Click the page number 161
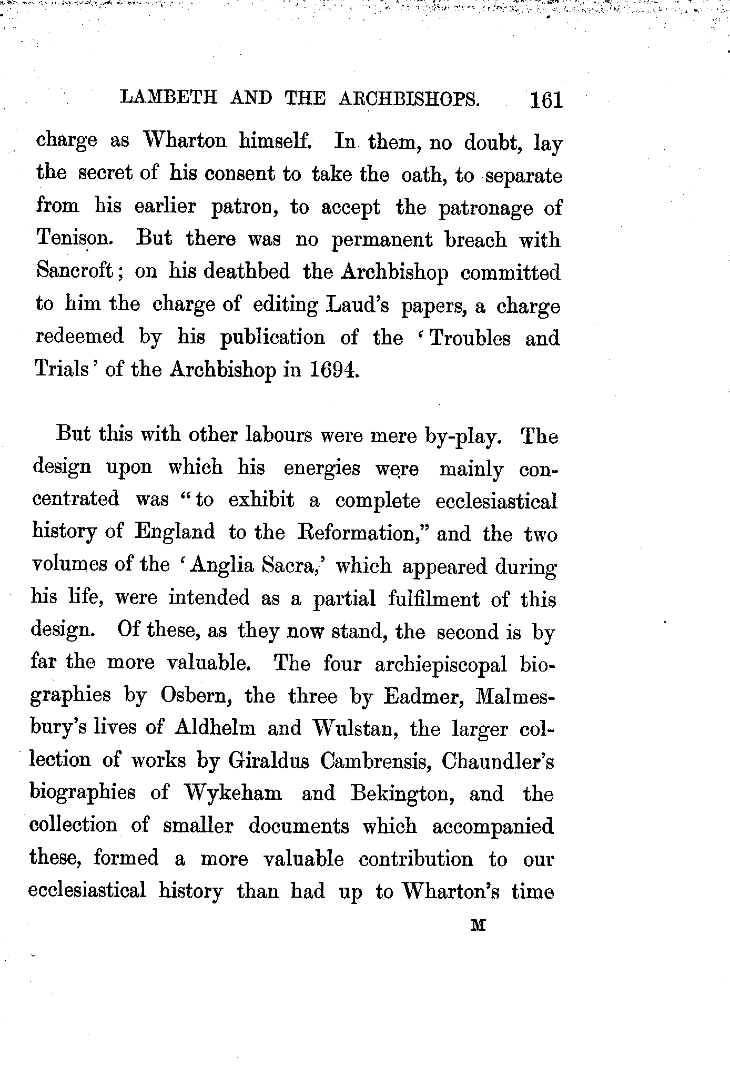pyautogui.click(x=546, y=100)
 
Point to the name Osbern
pyautogui.click(x=196, y=696)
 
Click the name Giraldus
pyautogui.click(x=268, y=761)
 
